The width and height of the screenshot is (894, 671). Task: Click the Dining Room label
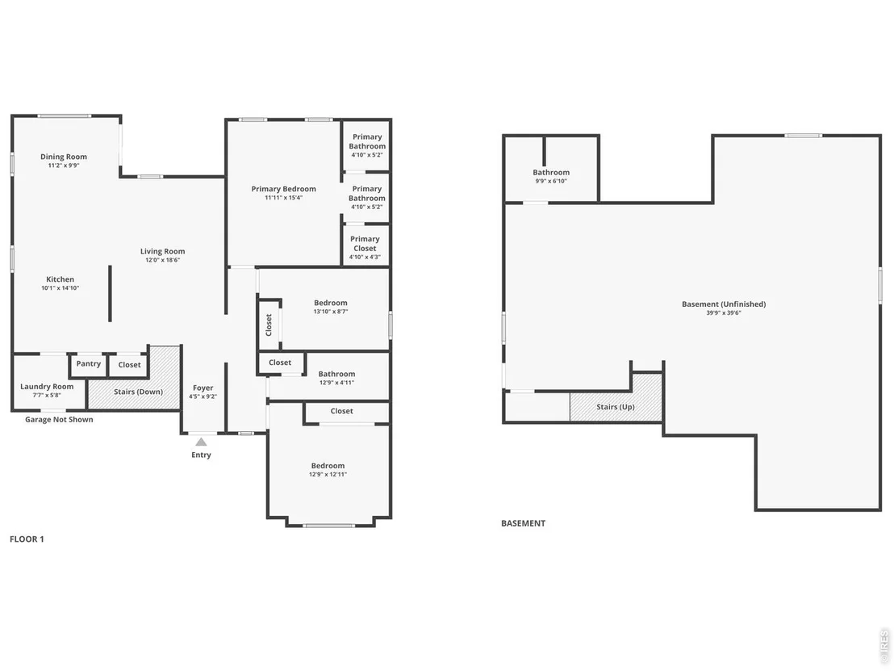(x=63, y=157)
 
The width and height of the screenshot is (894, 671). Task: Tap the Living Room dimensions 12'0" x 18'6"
(x=162, y=260)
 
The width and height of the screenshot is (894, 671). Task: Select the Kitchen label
(x=60, y=279)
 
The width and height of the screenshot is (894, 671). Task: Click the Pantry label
(x=89, y=363)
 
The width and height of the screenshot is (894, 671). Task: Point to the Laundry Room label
(x=47, y=386)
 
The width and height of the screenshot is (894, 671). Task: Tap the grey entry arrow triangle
(x=201, y=442)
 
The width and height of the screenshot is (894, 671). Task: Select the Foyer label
(x=203, y=388)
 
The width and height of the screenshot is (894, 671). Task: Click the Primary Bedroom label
(x=283, y=189)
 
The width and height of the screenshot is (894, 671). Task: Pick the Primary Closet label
(x=365, y=244)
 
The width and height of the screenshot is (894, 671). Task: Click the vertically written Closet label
(x=269, y=325)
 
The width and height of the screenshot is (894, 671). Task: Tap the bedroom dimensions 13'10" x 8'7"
(x=331, y=312)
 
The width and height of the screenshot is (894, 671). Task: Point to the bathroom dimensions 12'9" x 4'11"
(x=337, y=382)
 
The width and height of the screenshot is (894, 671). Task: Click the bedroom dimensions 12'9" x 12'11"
(x=328, y=474)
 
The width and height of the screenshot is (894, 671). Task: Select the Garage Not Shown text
(x=59, y=419)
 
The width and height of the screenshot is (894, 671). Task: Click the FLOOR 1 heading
(x=27, y=539)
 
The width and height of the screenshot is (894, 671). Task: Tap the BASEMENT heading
(x=524, y=523)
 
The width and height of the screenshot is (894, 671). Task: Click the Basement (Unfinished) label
(x=724, y=304)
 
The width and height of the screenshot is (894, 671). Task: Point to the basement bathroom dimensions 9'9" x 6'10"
(x=551, y=181)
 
